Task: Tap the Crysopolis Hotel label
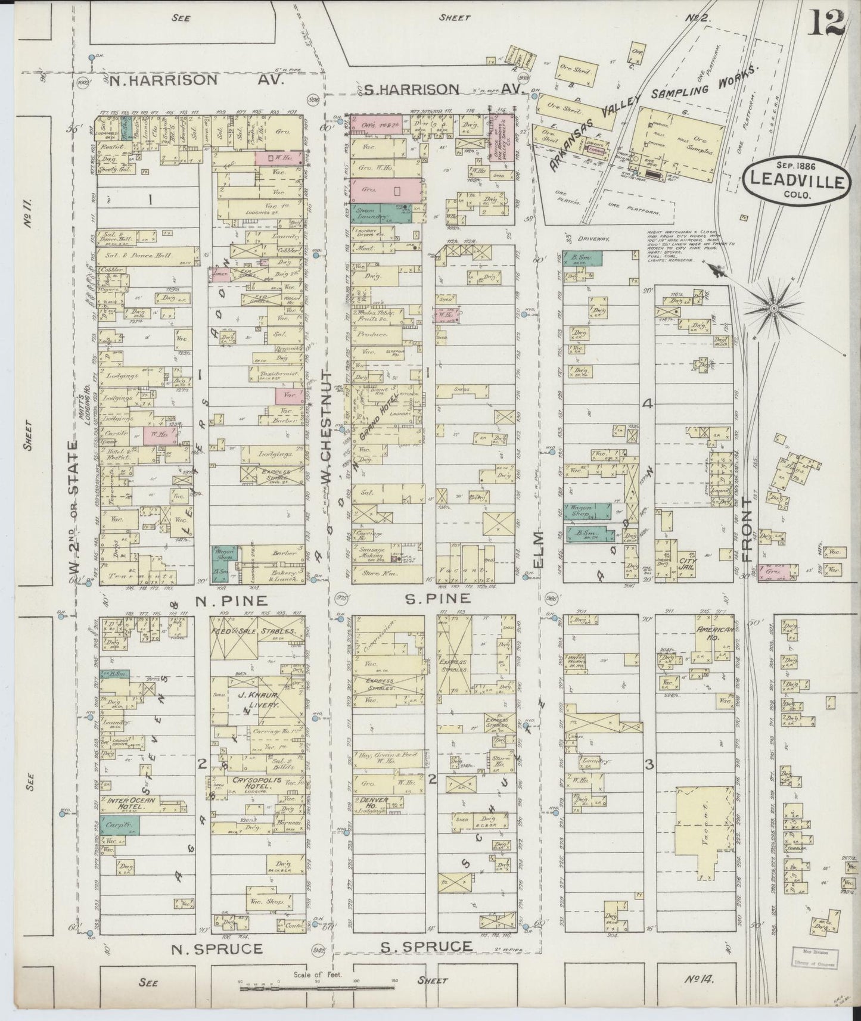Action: coord(251,787)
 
